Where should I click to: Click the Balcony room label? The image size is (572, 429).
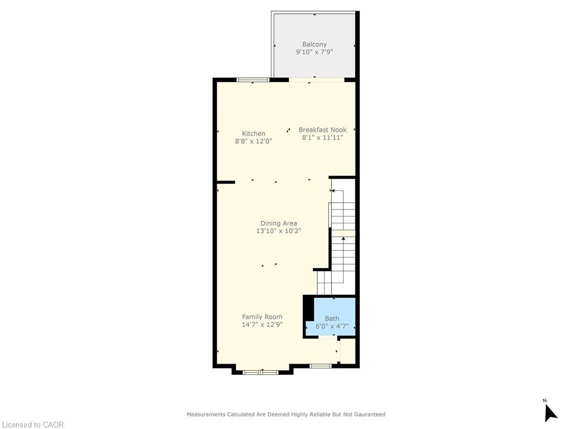(x=314, y=44)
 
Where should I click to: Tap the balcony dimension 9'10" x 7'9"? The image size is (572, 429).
(x=314, y=52)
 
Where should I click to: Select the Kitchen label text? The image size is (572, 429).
(x=254, y=134)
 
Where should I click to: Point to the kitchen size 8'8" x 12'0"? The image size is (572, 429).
(x=254, y=141)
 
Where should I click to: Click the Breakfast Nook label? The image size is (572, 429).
(x=322, y=130)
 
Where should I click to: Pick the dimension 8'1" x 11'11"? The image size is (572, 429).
(x=322, y=137)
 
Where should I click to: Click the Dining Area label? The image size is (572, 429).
(x=279, y=223)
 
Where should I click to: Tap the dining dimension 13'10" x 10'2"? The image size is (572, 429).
(x=279, y=231)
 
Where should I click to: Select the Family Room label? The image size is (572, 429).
(x=262, y=317)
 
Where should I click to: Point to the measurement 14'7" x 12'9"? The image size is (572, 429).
(x=262, y=325)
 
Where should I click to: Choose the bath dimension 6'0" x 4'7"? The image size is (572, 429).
(x=332, y=327)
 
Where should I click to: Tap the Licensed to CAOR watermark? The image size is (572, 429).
(x=32, y=425)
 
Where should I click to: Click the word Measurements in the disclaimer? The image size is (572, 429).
(x=206, y=414)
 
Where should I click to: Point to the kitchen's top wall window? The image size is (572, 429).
(x=253, y=80)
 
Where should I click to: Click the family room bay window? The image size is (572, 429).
(x=261, y=372)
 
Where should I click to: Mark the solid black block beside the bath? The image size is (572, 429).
(x=308, y=308)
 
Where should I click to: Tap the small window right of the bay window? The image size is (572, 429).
(x=321, y=366)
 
